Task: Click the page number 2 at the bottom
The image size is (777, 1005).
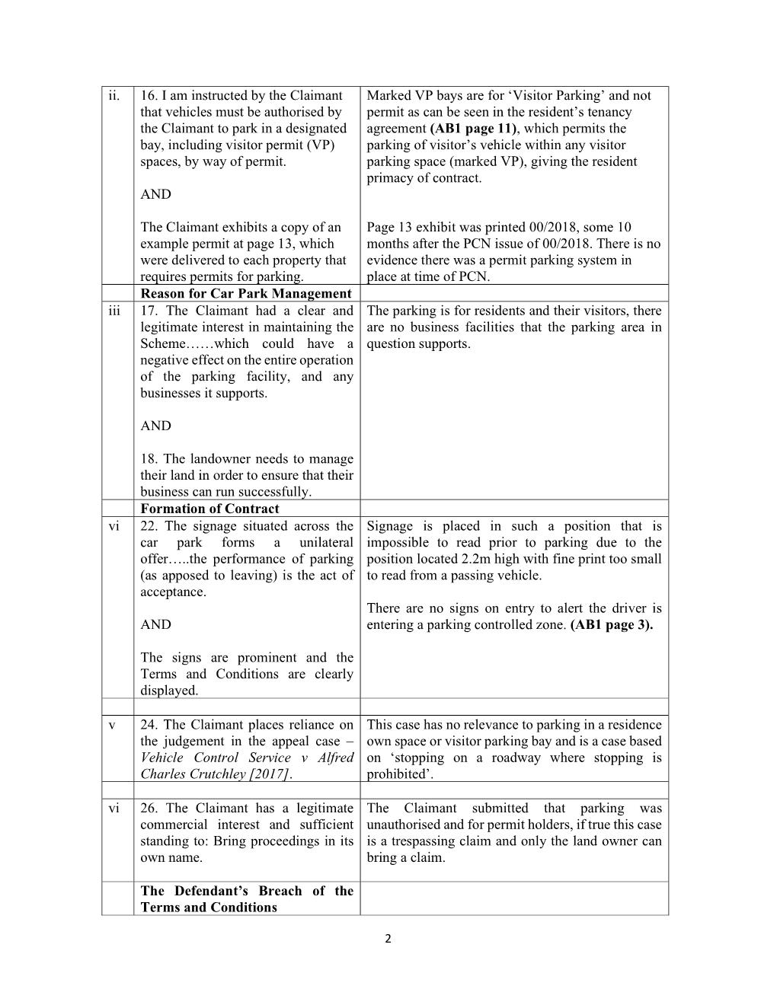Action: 388,939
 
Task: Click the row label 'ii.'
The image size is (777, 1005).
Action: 114,96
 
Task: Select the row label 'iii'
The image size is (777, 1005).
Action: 114,311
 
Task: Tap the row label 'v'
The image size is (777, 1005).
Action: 112,725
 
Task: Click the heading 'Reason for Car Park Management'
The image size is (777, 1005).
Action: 245,294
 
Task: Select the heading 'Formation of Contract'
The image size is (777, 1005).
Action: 209,509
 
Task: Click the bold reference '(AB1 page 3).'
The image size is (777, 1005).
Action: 611,625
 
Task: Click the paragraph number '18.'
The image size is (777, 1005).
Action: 149,459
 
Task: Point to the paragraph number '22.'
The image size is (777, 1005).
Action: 149,526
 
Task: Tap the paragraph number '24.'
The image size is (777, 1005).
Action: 149,725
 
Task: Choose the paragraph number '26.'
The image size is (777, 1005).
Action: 149,809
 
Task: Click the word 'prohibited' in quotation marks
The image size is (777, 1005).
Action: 396,774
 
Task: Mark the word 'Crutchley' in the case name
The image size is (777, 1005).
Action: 215,774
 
